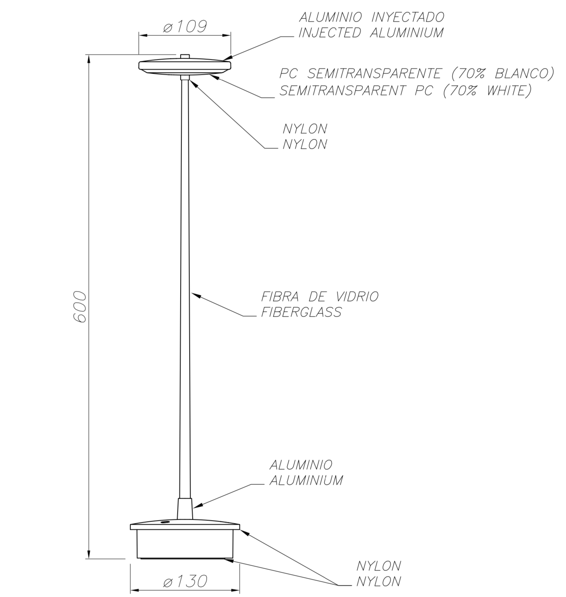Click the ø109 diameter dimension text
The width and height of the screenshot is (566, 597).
pyautogui.click(x=185, y=27)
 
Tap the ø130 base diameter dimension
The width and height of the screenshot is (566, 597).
pyautogui.click(x=185, y=582)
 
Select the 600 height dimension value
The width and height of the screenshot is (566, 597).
pyautogui.click(x=80, y=306)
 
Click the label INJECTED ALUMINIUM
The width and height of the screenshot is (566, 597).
pyautogui.click(x=371, y=33)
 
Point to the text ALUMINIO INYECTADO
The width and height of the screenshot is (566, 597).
pyautogui.click(x=371, y=17)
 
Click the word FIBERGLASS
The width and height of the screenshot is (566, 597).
pyautogui.click(x=301, y=312)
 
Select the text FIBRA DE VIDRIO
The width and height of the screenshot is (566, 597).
pyautogui.click(x=320, y=297)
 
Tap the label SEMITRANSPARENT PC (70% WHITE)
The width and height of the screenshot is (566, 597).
pyautogui.click(x=405, y=90)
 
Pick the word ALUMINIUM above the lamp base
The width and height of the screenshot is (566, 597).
pyautogui.click(x=306, y=480)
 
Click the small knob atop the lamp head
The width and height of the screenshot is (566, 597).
pyautogui.click(x=185, y=57)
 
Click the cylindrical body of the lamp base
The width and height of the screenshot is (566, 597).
pyautogui.click(x=185, y=544)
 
